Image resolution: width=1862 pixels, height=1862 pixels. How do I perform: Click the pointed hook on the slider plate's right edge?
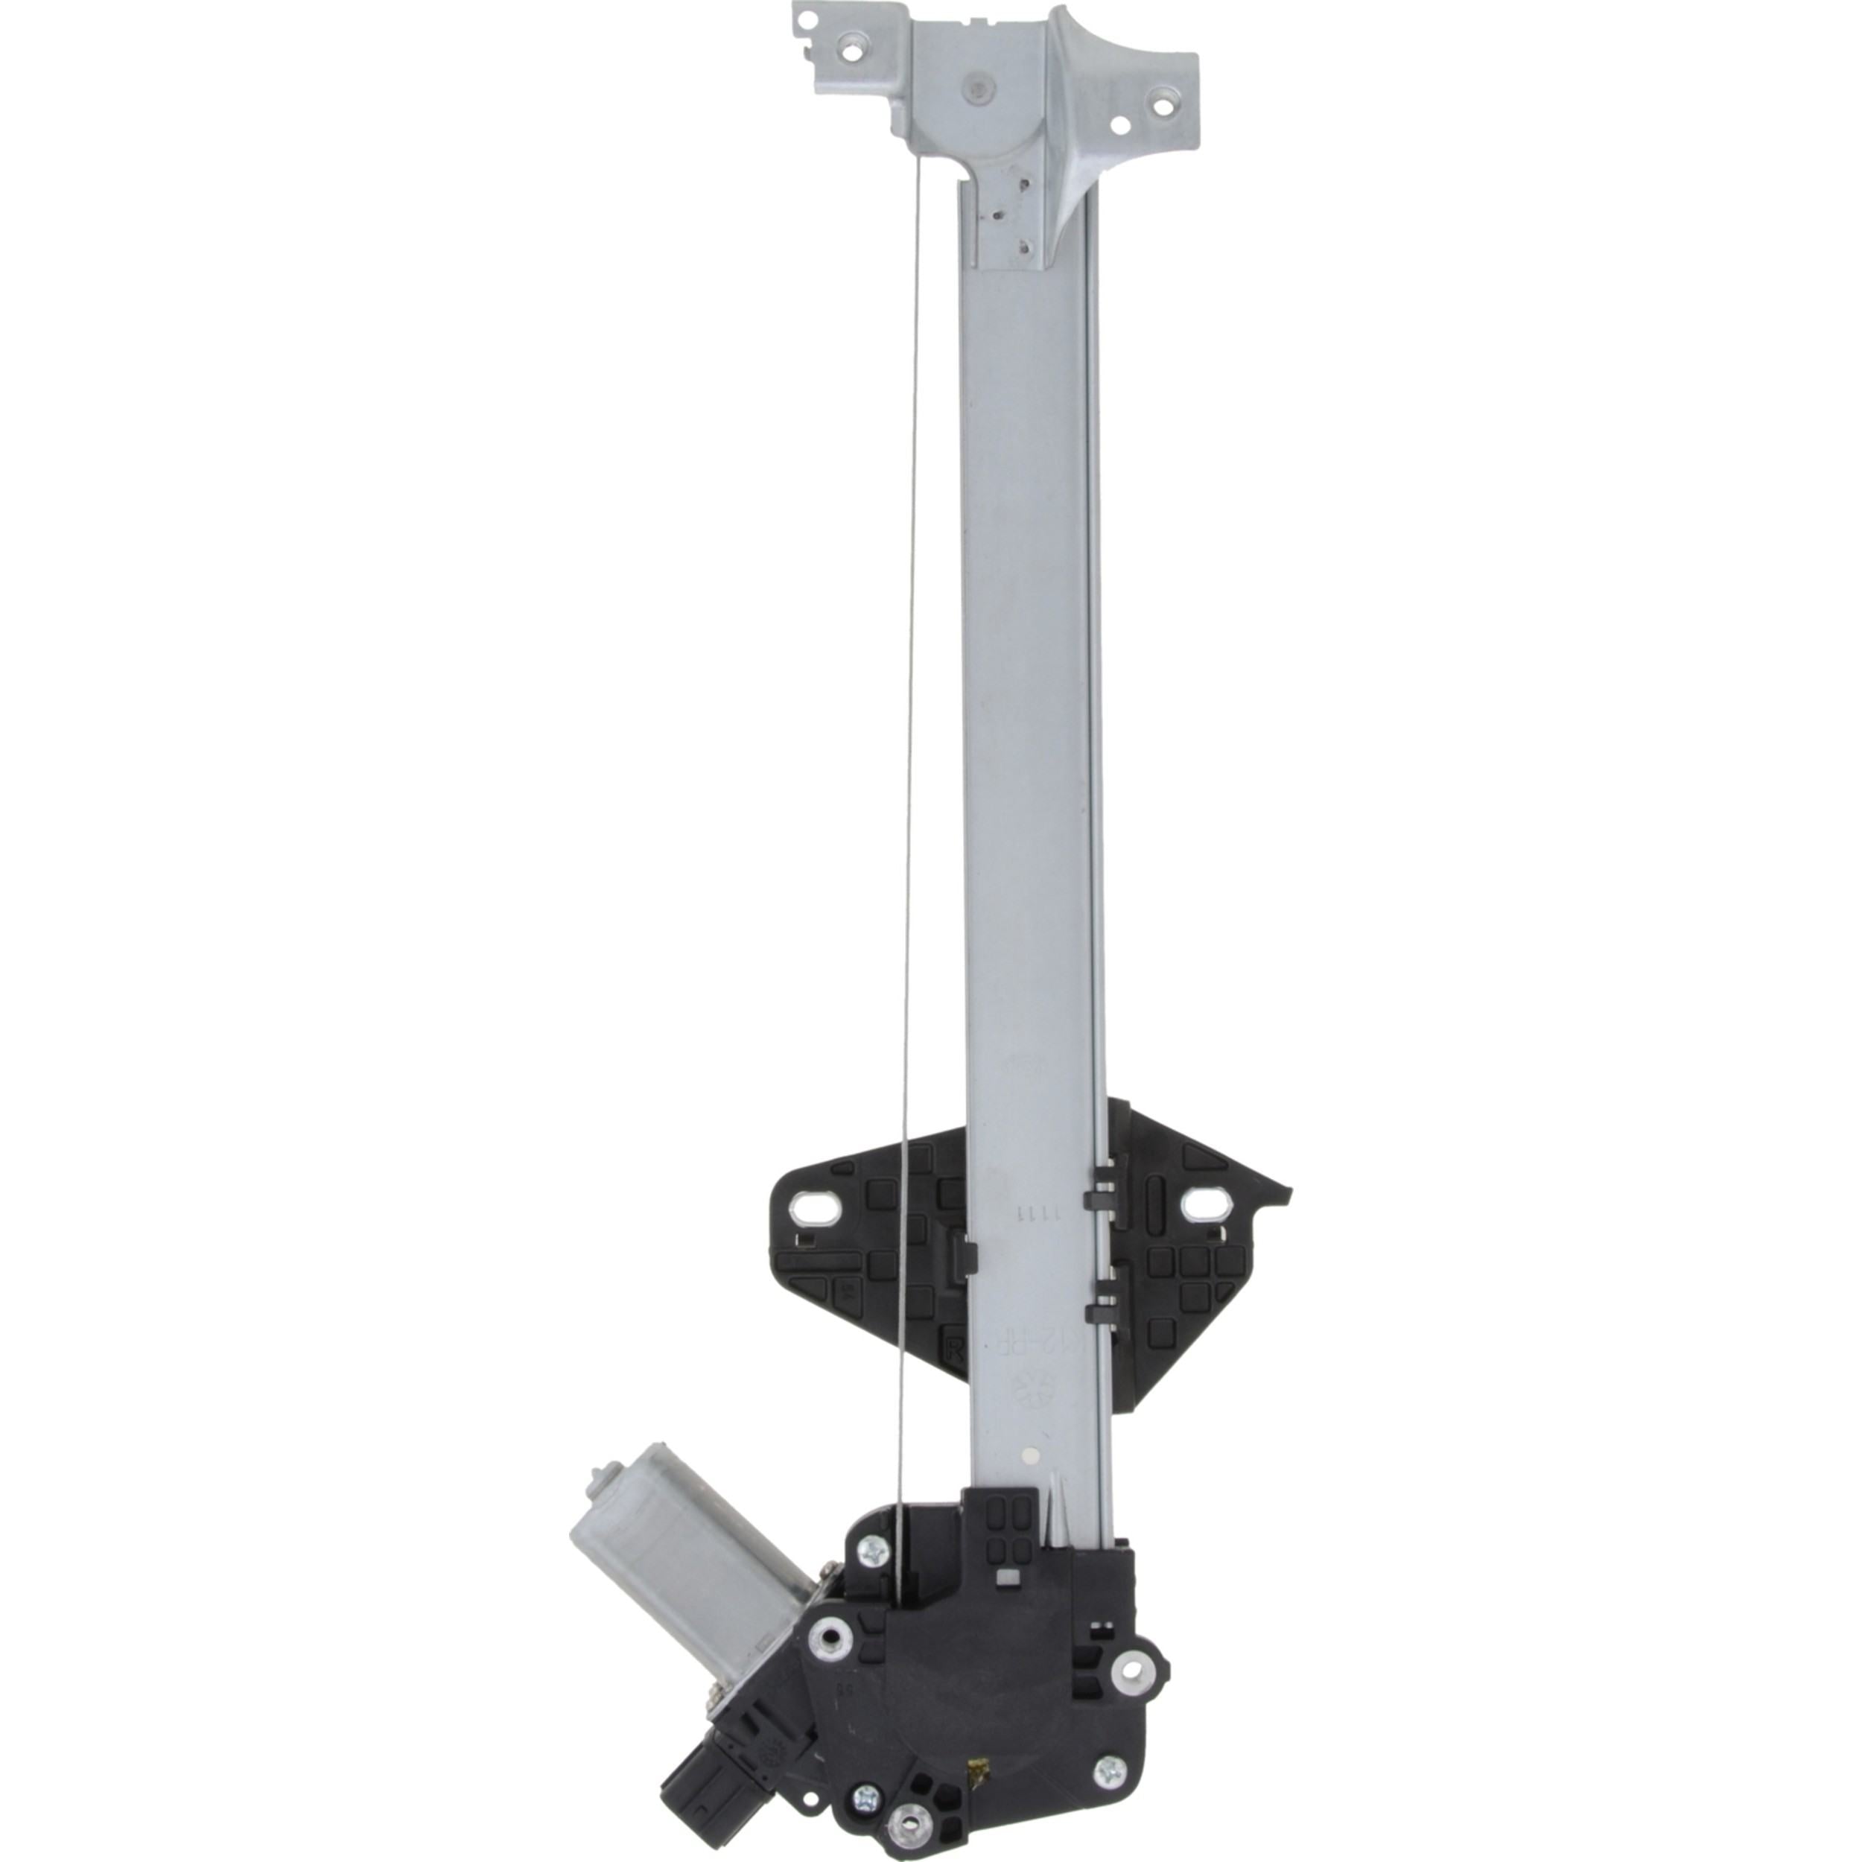1282,1193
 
